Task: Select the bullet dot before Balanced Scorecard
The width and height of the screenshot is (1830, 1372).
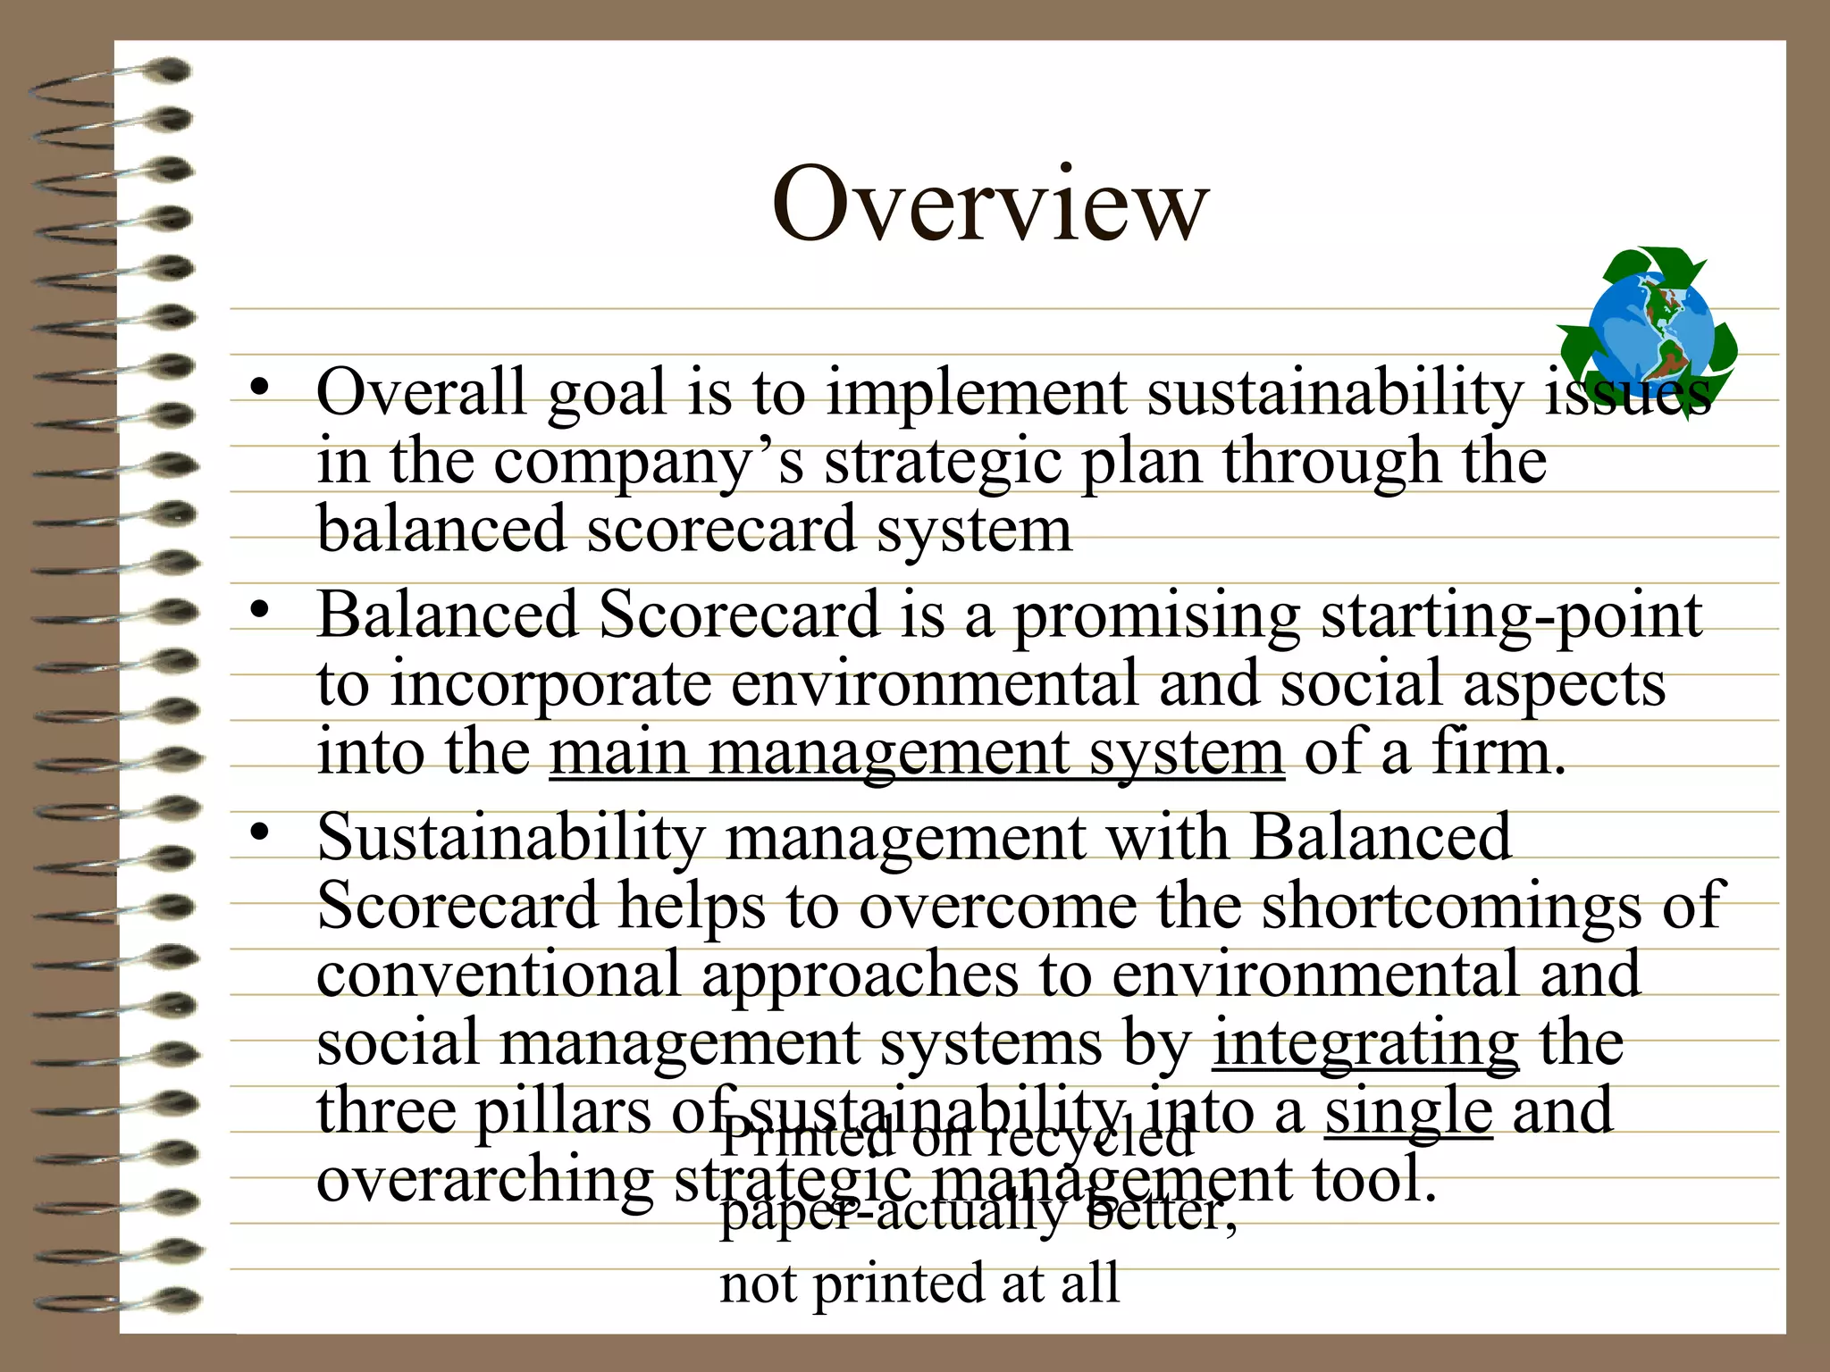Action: [x=259, y=611]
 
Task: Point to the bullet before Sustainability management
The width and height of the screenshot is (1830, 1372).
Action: [x=259, y=833]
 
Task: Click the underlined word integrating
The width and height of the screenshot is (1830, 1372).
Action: [x=1364, y=1043]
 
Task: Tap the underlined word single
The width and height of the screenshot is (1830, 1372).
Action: [x=1408, y=1111]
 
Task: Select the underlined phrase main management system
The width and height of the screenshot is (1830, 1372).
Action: [x=917, y=753]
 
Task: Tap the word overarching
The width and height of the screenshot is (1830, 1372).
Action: [x=485, y=1180]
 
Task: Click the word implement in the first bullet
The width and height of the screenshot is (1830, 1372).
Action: [x=976, y=394]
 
